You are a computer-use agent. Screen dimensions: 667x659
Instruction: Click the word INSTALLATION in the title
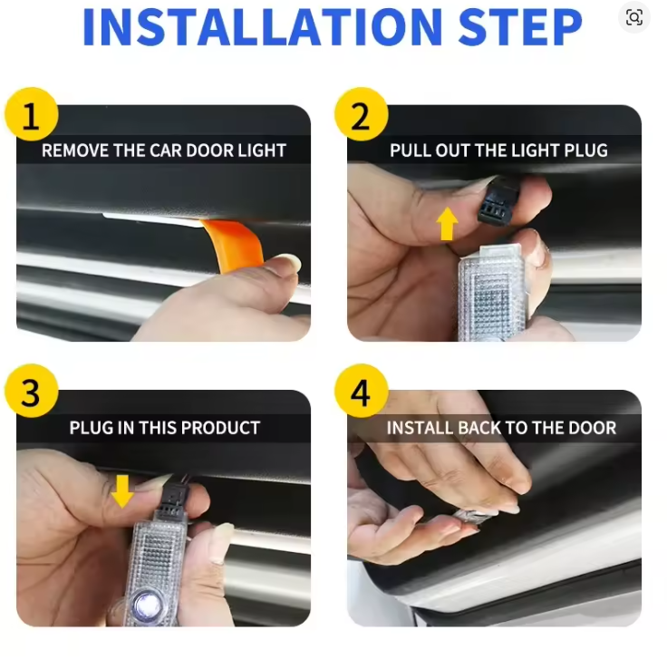click(262, 26)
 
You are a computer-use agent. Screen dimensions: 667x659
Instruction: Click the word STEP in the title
click(520, 26)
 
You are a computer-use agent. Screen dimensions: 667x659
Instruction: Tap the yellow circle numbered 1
click(32, 114)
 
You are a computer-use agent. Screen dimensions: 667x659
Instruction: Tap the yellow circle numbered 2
click(362, 114)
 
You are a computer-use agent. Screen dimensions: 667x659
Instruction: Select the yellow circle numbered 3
click(32, 392)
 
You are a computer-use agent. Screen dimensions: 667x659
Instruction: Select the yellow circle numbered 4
click(362, 392)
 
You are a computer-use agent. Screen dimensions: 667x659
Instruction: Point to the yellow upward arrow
click(447, 223)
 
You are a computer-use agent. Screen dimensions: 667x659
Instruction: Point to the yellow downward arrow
click(122, 491)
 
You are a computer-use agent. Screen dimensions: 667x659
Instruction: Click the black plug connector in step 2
click(499, 200)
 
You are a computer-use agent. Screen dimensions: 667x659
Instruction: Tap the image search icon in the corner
click(633, 17)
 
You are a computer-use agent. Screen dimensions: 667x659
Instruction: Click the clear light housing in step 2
click(492, 294)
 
